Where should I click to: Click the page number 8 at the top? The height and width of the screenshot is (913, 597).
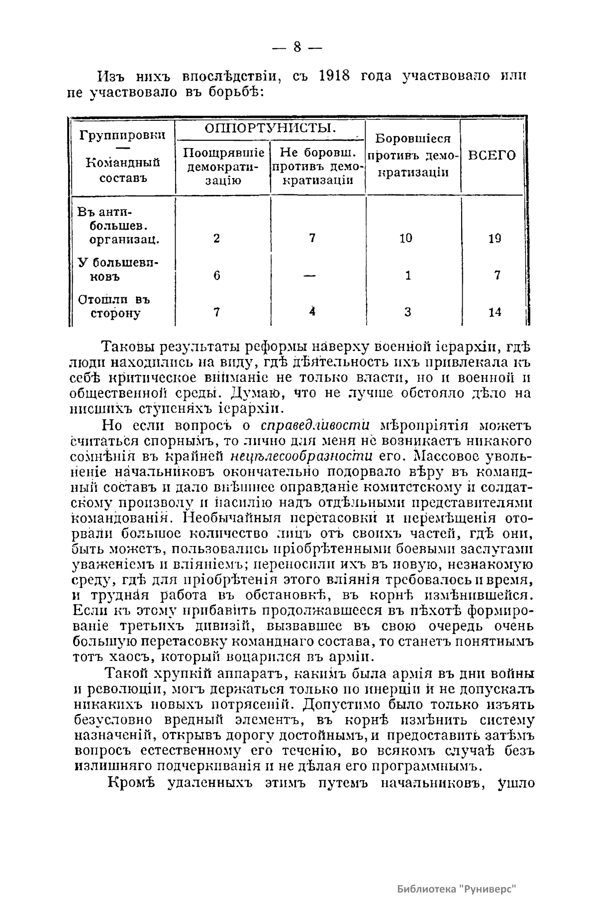pos(298,48)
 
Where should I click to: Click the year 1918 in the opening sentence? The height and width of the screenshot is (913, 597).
pos(335,76)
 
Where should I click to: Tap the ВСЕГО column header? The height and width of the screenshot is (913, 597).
pos(492,156)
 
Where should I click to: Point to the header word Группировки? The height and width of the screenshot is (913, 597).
pos(123,135)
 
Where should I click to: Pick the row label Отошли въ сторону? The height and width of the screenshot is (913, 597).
pos(114,307)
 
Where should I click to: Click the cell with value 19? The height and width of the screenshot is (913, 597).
pos(494,238)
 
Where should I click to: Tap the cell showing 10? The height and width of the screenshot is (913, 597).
pos(405,238)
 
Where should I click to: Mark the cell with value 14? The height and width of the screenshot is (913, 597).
pos(495,312)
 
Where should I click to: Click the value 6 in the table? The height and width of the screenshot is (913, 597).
pos(217,275)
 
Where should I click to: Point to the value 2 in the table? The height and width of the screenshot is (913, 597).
pos(216,238)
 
